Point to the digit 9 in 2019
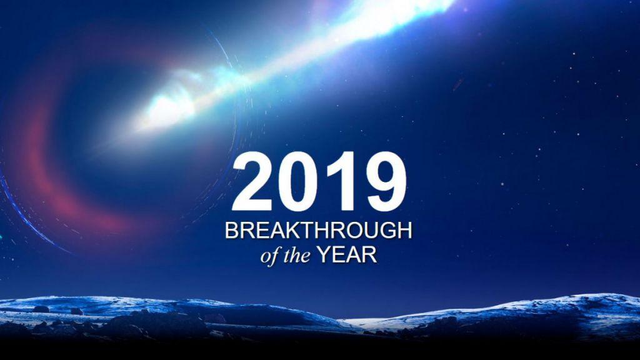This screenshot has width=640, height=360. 386,182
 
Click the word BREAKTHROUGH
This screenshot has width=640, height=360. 318,231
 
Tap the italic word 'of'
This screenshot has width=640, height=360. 270,256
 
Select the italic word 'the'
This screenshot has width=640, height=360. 297,256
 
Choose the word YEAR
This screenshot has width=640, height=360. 347,255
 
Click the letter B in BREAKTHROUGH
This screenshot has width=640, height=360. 231,231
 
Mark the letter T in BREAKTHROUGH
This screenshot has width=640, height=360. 307,231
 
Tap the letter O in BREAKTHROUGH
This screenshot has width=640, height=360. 356,231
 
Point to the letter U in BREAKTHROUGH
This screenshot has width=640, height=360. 374,231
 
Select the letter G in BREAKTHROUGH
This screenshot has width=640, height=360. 390,231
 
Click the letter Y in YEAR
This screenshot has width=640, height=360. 324,255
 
